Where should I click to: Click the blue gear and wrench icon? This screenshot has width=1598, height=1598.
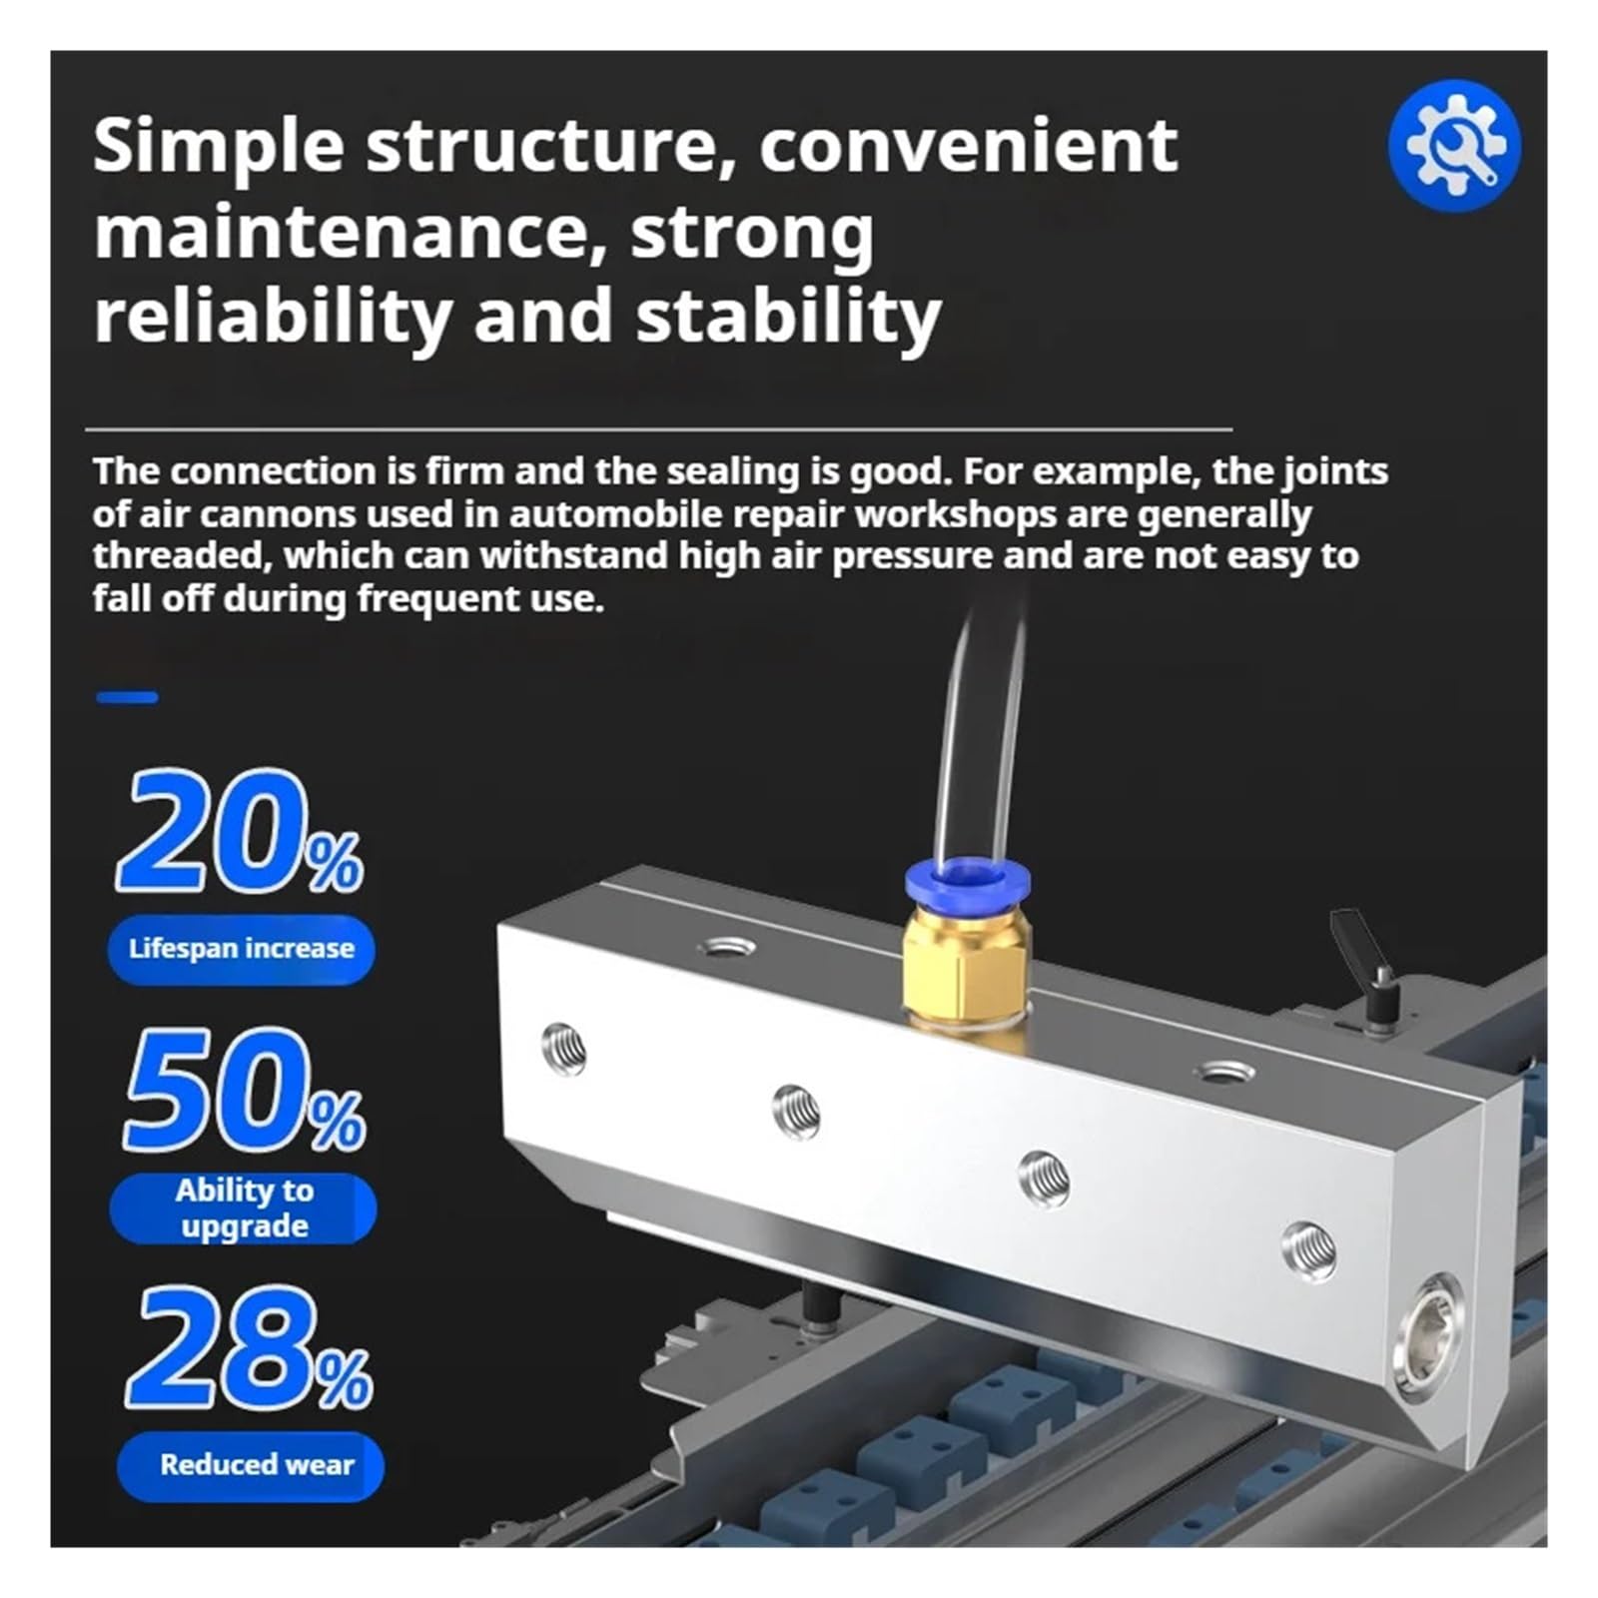[x=1454, y=145]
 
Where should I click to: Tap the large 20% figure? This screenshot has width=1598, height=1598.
[x=240, y=831]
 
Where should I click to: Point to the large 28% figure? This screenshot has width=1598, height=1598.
[x=249, y=1347]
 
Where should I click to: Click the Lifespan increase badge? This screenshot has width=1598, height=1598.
[x=242, y=948]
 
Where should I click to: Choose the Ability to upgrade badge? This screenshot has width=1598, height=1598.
[x=244, y=1208]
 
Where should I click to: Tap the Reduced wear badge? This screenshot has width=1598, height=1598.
[x=251, y=1465]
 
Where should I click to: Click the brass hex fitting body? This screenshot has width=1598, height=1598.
[x=966, y=974]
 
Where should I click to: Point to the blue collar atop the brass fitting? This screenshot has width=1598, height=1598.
[x=967, y=885]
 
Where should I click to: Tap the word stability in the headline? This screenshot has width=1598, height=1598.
[x=789, y=317]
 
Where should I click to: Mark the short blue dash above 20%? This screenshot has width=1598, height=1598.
[x=127, y=697]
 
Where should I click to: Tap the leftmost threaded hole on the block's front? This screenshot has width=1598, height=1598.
[x=563, y=1049]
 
